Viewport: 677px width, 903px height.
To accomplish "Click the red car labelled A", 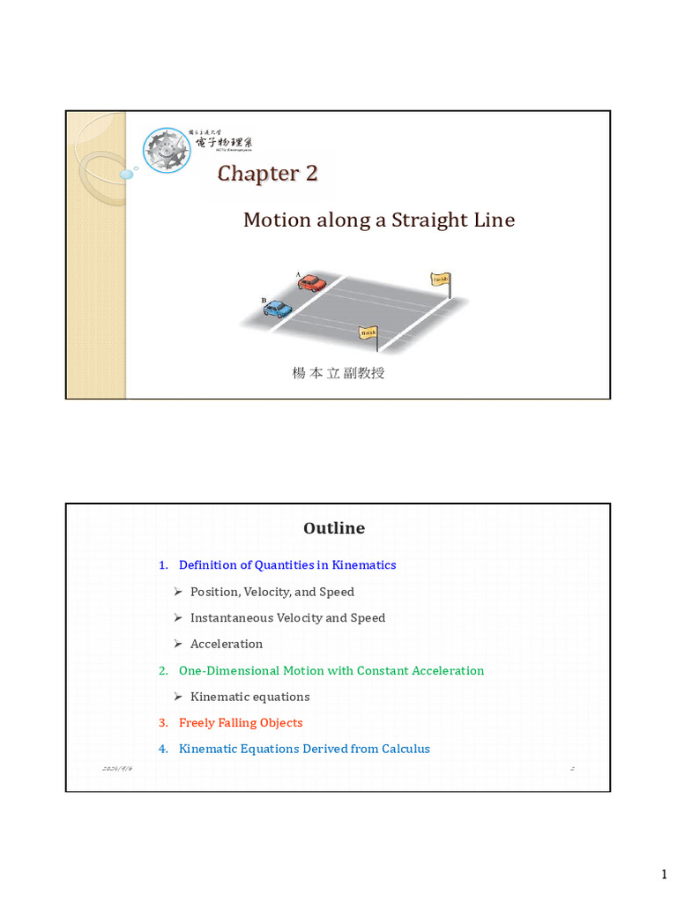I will (x=311, y=283).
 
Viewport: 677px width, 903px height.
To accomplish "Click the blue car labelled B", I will (x=278, y=308).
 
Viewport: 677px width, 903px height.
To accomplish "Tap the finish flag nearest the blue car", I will (x=368, y=332).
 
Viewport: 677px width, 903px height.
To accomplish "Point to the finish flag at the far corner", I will (x=440, y=280).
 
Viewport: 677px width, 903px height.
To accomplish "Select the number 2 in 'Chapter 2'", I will (x=310, y=173).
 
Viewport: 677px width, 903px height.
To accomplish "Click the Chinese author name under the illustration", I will (x=338, y=373).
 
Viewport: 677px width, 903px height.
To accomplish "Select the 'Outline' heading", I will (x=334, y=528).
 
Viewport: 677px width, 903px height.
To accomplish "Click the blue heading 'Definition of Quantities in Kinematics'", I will (x=287, y=564).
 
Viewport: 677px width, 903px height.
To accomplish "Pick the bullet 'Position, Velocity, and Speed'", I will (x=272, y=592).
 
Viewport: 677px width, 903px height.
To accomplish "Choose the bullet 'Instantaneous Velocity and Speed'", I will (x=287, y=617).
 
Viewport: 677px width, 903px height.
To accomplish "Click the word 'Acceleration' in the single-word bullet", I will (x=227, y=644).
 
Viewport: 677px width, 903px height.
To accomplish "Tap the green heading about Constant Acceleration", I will (x=331, y=670).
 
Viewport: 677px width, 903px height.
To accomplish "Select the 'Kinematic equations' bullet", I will (x=249, y=697).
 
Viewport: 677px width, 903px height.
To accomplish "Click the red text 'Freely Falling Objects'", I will (x=241, y=722).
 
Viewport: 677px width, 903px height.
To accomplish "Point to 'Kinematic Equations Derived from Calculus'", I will (x=304, y=749).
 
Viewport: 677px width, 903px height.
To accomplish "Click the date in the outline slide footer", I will (x=118, y=769).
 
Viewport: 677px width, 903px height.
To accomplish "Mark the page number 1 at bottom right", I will (x=665, y=874).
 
